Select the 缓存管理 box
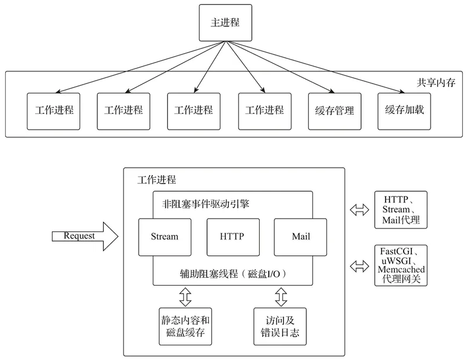pos(331,110)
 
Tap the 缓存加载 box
pos(401,110)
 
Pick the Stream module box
pos(164,237)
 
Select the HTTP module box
pos(232,237)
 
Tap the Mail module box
pos(301,237)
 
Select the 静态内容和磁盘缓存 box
pos(185,327)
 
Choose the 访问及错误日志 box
pos(279,327)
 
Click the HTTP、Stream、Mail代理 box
pos(401,209)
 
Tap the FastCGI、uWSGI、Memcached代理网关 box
pos(401,265)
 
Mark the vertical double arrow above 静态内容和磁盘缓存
pos(185,297)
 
